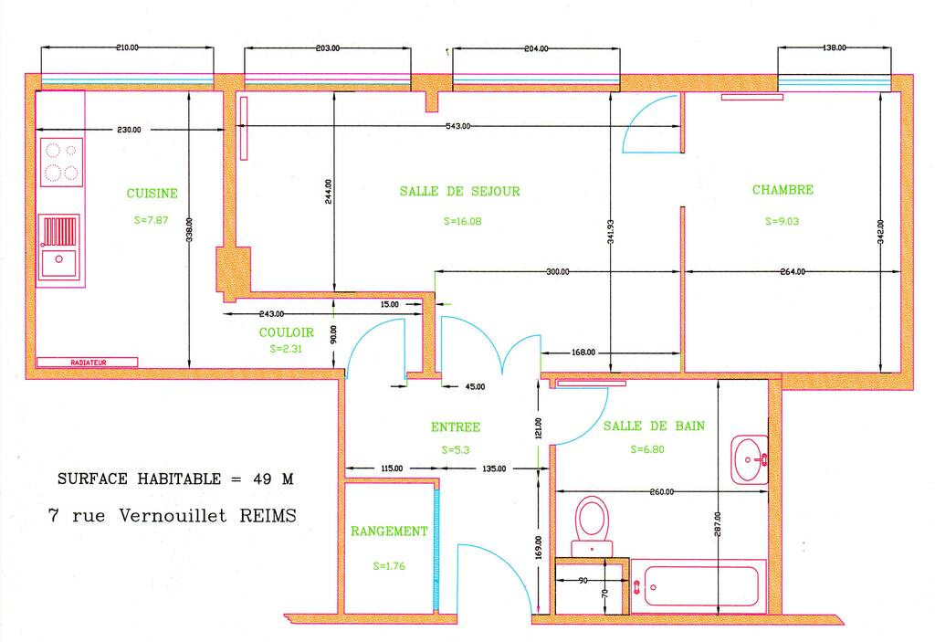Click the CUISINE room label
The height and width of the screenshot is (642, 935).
[x=152, y=194]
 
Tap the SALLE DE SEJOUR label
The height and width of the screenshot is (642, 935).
[x=460, y=192]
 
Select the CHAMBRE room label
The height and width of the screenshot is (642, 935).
[x=783, y=190]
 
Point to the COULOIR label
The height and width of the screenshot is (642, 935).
[x=286, y=332]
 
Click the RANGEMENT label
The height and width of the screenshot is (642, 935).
[x=389, y=531]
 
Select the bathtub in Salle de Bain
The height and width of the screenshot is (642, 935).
[x=699, y=586]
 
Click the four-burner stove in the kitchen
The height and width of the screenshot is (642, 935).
[x=61, y=163]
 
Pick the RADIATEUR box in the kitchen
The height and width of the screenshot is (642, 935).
[x=88, y=363]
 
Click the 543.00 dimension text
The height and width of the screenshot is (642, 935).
[x=458, y=126]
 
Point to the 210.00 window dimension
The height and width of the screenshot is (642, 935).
[x=127, y=47]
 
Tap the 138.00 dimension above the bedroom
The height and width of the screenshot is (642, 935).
[x=835, y=47]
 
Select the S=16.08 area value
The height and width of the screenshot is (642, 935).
[x=463, y=221]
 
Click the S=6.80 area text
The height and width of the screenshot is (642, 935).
[x=647, y=449]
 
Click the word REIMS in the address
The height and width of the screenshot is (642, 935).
[x=268, y=515]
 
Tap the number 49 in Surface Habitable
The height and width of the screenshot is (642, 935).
[x=262, y=479]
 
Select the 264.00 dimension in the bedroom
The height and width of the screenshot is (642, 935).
[x=793, y=271]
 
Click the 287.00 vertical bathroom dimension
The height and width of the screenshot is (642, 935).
[x=718, y=524]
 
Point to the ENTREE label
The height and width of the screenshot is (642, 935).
[x=456, y=427]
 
